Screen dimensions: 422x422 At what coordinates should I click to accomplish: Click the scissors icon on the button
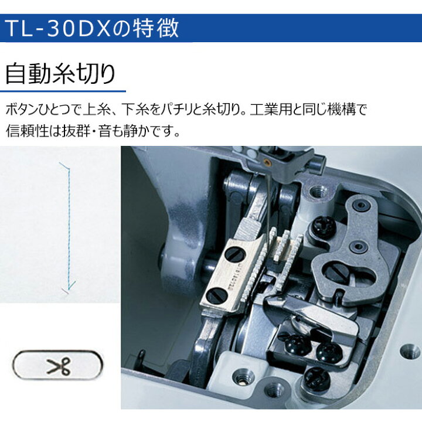(x=58, y=366)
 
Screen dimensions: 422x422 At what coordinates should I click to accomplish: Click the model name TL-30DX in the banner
(x=58, y=28)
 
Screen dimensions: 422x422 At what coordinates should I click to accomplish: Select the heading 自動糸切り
(x=60, y=73)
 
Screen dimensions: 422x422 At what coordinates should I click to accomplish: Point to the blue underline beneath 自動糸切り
(x=63, y=91)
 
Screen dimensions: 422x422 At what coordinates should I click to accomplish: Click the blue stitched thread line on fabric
(x=69, y=226)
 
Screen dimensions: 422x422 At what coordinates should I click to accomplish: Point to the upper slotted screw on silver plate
(x=236, y=254)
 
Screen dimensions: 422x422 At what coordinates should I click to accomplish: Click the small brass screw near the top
(x=267, y=161)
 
